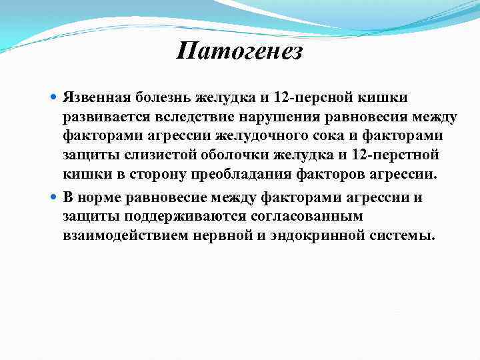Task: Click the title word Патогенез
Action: [240, 51]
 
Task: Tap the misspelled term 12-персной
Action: [316, 98]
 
